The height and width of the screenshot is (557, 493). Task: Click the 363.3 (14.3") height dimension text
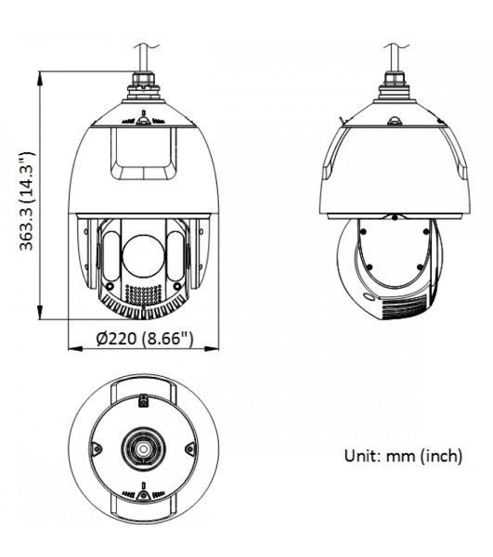[x=27, y=201]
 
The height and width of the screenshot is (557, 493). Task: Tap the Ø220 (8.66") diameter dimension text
[x=145, y=339]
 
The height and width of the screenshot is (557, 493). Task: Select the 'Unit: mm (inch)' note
[x=403, y=456]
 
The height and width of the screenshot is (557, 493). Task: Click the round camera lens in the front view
[x=144, y=256]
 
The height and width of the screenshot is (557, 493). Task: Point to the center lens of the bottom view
[x=144, y=449]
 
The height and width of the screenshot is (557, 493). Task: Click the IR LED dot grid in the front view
[x=144, y=294]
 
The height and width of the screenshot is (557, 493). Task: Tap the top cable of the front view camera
[x=145, y=58]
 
